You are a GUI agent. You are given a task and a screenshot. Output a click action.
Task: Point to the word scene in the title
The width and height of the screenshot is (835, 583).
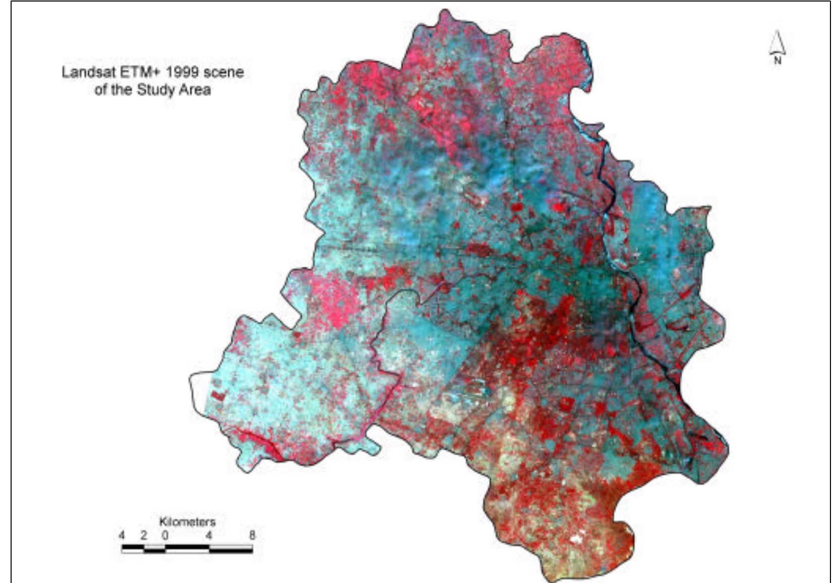223,72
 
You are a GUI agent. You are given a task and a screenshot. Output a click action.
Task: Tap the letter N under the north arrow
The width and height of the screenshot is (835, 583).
777,61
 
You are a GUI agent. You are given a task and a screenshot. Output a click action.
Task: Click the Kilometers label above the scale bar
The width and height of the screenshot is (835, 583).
187,521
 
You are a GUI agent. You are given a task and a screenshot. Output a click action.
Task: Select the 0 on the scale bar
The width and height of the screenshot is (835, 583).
165,535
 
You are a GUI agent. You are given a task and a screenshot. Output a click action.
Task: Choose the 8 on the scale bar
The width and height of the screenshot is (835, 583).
252,535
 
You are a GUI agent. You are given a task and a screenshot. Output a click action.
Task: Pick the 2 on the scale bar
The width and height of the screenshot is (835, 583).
144,535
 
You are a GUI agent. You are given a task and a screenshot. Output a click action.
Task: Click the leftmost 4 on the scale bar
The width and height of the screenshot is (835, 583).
122,535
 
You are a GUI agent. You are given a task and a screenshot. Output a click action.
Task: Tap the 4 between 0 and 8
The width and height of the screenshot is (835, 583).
209,535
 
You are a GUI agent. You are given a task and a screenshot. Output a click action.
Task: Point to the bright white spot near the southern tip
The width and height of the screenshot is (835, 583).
575,539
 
